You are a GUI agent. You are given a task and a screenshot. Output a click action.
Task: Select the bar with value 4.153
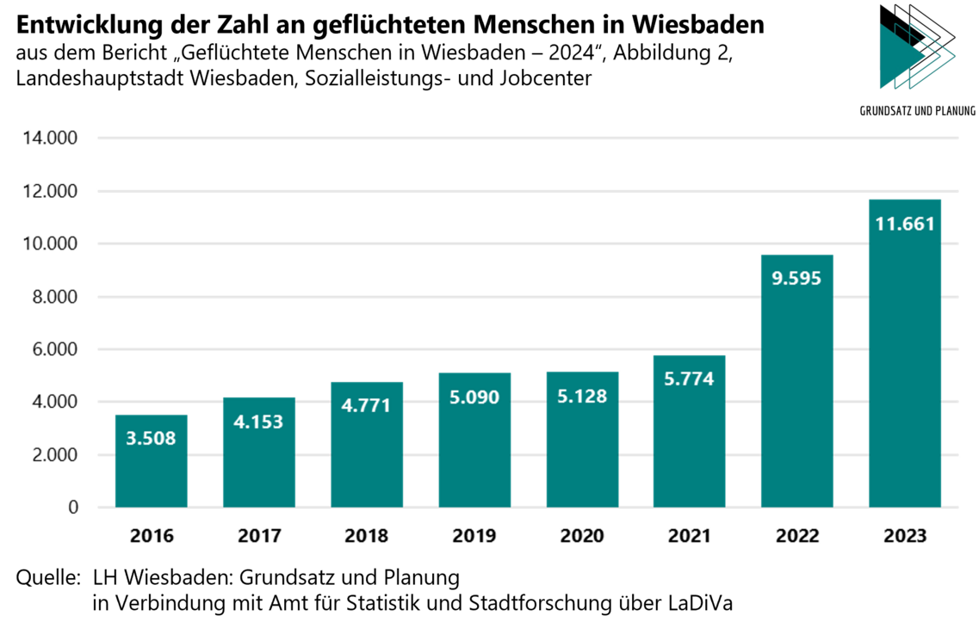259,465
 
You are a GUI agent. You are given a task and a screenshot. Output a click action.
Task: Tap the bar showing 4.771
367,456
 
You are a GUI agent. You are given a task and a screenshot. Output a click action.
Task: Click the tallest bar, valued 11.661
905,361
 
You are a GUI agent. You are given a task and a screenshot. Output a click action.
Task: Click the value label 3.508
151,439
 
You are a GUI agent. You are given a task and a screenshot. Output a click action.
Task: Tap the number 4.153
258,422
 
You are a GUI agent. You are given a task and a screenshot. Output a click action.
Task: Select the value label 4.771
366,405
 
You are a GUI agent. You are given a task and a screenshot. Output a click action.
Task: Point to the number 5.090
474,398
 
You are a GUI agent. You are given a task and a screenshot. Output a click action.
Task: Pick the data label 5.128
582,397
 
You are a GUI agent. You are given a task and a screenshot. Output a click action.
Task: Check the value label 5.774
690,378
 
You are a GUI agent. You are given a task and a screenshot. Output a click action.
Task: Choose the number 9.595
796,279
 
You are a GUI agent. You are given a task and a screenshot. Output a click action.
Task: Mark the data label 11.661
905,225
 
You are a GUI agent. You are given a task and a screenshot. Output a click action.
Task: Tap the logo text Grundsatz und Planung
918,110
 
